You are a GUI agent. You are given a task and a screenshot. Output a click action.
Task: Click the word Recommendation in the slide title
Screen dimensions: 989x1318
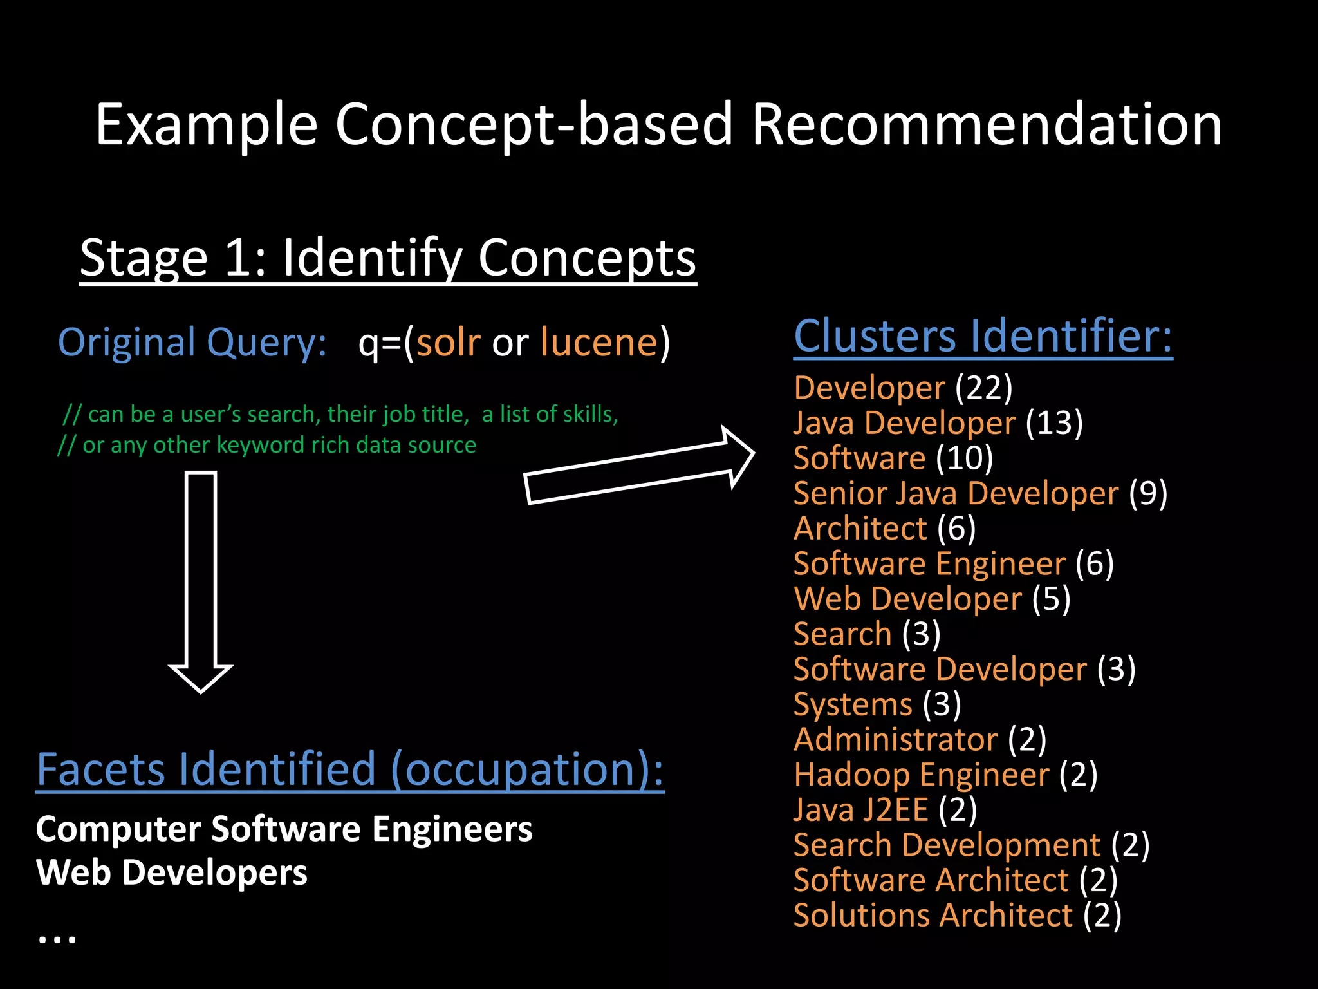[x=986, y=125]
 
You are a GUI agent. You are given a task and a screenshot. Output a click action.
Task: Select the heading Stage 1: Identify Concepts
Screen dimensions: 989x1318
[x=387, y=258]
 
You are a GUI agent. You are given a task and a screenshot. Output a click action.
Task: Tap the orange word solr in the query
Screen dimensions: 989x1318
[x=449, y=342]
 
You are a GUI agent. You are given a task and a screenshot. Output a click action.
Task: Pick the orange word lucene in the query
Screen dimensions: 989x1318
[x=599, y=342]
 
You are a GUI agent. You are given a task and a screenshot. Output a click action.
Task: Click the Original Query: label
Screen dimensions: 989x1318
[x=192, y=342]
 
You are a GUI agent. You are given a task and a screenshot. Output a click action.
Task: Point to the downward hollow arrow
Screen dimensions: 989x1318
[x=201, y=579]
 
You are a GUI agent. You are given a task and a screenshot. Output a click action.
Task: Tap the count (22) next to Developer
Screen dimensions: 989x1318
[x=984, y=388]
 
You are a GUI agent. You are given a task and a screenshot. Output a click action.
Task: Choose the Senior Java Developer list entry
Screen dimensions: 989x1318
[x=956, y=494]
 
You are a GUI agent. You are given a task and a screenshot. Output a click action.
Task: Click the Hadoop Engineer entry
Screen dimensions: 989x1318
[x=921, y=775]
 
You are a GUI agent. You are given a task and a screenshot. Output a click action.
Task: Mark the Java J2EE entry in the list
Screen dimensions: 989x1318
[x=860, y=810]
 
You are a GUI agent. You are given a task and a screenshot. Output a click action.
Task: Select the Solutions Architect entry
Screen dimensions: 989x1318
[x=933, y=916]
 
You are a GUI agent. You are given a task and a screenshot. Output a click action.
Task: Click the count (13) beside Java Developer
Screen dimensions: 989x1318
[x=1054, y=423]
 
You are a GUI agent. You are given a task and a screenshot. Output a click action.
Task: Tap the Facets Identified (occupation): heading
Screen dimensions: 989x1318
[x=350, y=769]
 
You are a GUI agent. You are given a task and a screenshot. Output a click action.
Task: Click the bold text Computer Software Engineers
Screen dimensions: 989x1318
[x=284, y=829]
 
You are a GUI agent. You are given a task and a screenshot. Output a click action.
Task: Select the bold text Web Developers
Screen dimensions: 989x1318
[x=172, y=873]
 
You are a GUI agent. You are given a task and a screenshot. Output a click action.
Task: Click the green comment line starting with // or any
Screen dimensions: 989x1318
[x=266, y=445]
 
